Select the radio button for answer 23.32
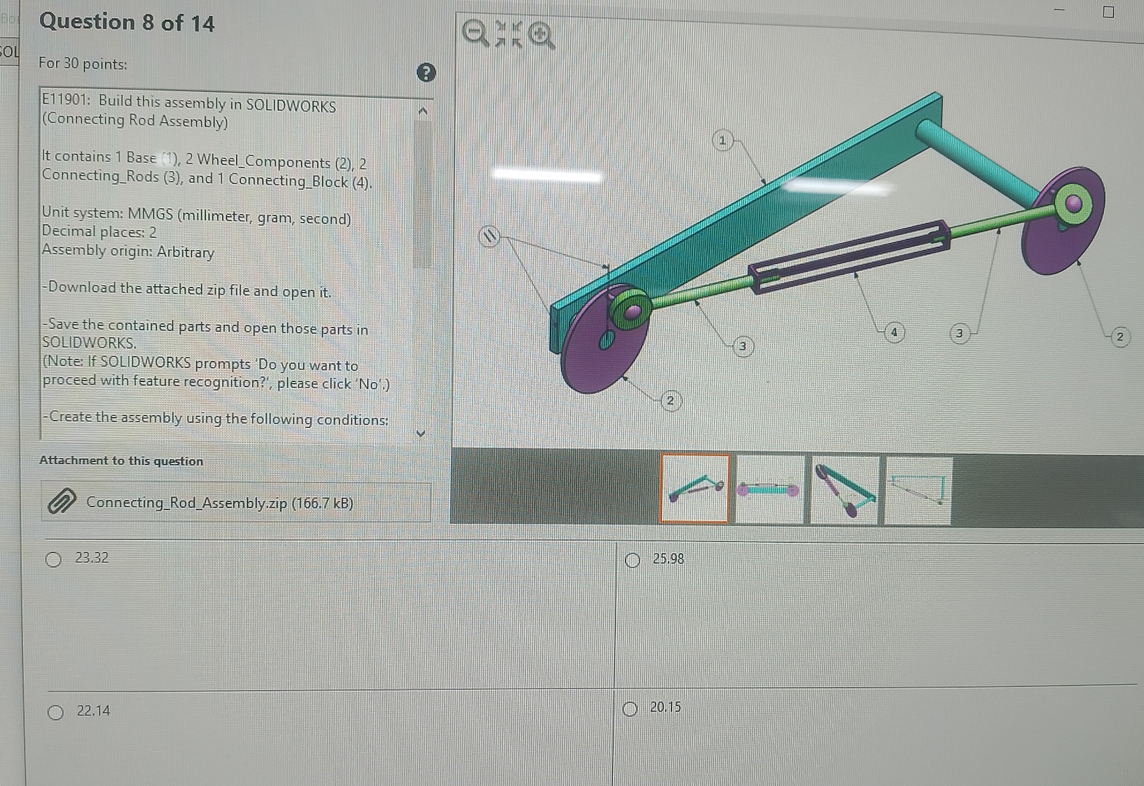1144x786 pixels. [x=53, y=559]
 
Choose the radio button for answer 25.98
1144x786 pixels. [x=632, y=560]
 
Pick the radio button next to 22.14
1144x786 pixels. [x=55, y=712]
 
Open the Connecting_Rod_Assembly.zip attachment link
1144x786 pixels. [x=219, y=503]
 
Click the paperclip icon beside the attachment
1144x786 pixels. [x=60, y=501]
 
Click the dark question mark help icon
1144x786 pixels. [x=426, y=72]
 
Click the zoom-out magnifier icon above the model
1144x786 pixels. [x=476, y=33]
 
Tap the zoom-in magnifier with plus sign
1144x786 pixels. [x=540, y=34]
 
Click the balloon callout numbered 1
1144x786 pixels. [x=722, y=140]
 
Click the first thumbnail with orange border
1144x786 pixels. [x=695, y=488]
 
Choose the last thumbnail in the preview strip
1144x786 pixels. [x=918, y=490]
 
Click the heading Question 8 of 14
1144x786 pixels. [x=127, y=23]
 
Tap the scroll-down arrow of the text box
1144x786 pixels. [x=420, y=434]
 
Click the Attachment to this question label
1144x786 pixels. [x=121, y=461]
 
